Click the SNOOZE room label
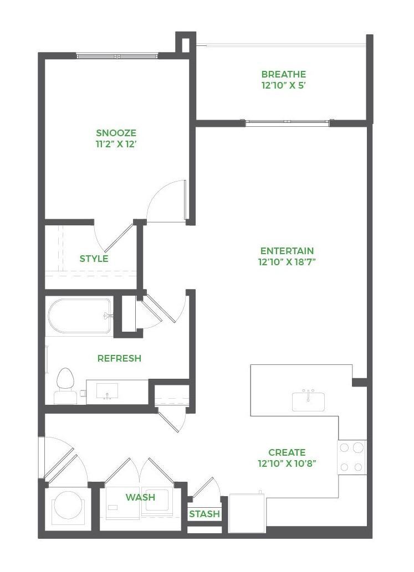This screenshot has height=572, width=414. click(116, 133)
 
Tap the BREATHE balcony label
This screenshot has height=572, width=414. click(283, 74)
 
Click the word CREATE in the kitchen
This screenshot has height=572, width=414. click(287, 452)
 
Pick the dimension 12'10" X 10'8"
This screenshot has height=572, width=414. click(287, 463)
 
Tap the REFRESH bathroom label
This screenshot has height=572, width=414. click(119, 358)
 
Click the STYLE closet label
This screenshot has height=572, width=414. click(94, 259)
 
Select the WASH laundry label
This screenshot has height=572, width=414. click(140, 497)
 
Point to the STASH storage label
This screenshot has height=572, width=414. click(205, 514)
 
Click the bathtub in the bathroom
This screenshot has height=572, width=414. click(79, 316)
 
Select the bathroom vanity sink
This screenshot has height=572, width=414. click(107, 390)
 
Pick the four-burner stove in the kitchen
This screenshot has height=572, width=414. click(352, 457)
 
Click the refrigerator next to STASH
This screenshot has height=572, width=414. click(247, 513)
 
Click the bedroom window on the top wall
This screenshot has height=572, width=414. click(117, 56)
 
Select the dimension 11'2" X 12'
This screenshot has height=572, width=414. click(116, 145)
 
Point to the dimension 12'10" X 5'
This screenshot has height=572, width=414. click(283, 86)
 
